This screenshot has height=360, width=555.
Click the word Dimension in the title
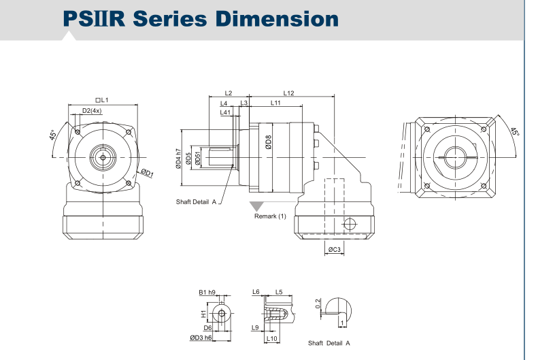click(x=277, y=18)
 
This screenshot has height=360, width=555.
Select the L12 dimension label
click(x=288, y=93)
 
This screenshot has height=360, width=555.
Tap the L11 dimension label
click(x=275, y=103)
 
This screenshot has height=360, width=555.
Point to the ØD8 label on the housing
click(x=268, y=142)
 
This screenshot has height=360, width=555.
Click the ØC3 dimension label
click(x=334, y=249)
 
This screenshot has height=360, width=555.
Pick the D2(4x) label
click(x=92, y=111)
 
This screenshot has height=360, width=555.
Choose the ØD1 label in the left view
click(x=147, y=173)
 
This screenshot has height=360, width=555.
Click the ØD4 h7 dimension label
click(x=178, y=159)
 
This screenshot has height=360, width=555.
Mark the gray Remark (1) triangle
click(x=256, y=206)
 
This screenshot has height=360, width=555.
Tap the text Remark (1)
click(x=270, y=216)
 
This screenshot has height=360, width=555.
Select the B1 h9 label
click(x=207, y=292)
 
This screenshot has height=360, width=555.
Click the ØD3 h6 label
click(x=201, y=338)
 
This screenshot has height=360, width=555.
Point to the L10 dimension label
click(x=271, y=338)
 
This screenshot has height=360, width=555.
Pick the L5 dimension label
click(x=279, y=292)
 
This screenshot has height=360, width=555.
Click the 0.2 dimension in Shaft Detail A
click(x=318, y=304)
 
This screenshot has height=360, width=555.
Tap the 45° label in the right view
click(x=515, y=131)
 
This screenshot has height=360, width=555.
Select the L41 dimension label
click(x=225, y=112)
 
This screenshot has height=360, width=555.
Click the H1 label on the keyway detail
click(x=203, y=314)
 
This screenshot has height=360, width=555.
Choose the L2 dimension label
click(x=229, y=93)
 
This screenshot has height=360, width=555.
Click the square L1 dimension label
click(x=102, y=100)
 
